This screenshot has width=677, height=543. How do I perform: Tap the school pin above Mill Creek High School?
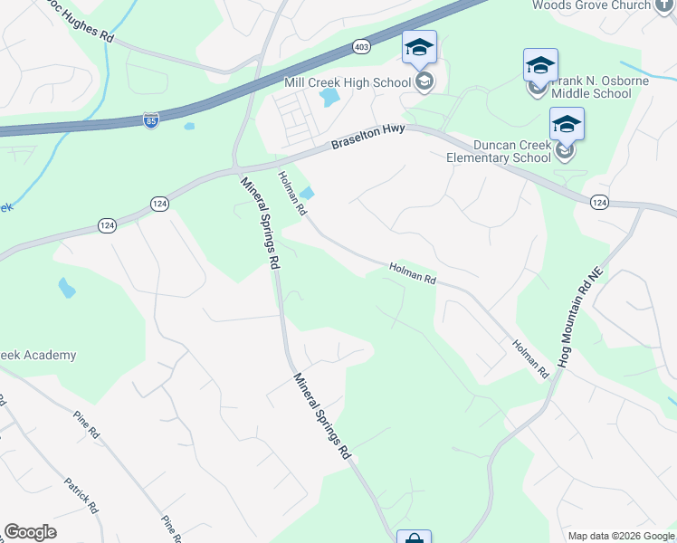(x=419, y=48)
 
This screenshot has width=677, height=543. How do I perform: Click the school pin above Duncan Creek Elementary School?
(x=567, y=125)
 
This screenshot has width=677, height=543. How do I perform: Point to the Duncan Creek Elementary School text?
(x=499, y=150)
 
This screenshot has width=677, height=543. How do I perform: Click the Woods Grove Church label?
(x=603, y=5)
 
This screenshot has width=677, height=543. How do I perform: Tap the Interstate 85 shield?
(x=150, y=120)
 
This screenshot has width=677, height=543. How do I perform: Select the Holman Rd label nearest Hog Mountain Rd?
(x=530, y=358)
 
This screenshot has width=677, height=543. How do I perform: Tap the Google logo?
(x=30, y=532)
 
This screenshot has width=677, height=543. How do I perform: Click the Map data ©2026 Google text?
(x=622, y=536)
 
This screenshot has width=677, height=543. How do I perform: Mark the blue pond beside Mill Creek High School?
(x=329, y=96)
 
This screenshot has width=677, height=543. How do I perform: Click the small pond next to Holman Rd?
(x=308, y=192)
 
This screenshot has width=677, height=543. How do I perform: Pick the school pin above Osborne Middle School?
(x=540, y=65)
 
